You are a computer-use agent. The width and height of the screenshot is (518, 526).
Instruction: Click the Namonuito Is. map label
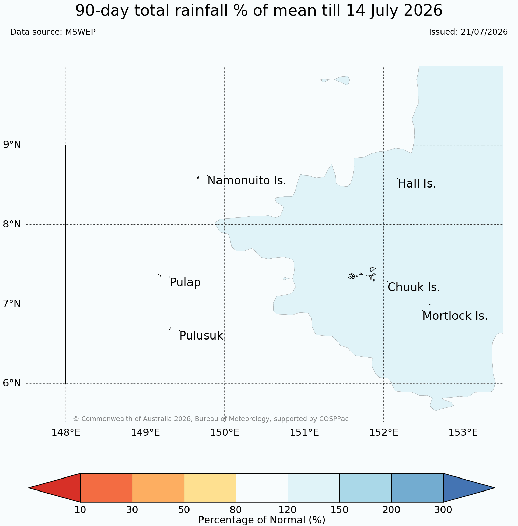247,181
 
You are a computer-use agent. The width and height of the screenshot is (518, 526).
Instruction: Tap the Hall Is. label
417,184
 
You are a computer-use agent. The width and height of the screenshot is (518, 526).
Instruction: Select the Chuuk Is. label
414,287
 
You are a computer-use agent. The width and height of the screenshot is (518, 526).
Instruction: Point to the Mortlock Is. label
455,316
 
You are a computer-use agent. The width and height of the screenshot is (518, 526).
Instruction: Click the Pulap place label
185,283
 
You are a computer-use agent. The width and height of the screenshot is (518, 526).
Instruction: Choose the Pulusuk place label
201,336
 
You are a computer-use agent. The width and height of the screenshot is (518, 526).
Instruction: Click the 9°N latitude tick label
12,145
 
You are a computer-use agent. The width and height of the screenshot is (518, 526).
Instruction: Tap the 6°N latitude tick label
12,383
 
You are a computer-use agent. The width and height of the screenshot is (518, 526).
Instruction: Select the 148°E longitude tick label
66,433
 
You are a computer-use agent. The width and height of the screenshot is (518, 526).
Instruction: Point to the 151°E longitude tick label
304,433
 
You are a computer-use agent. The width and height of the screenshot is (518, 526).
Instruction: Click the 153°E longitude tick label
463,433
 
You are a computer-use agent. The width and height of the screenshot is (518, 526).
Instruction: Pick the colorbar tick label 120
288,510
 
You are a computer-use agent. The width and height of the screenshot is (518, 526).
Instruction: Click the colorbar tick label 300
443,510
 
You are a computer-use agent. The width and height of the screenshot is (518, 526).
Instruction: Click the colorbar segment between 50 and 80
210,488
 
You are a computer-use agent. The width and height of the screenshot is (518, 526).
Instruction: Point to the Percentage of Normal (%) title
262,520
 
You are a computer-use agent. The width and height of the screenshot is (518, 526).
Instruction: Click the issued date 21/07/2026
484,32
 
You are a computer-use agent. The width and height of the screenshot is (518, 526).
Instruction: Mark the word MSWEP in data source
80,32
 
